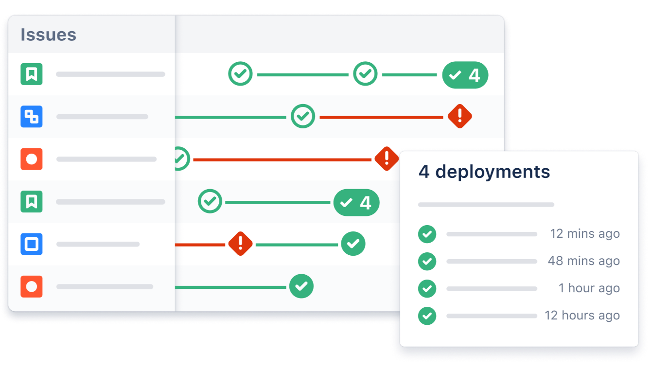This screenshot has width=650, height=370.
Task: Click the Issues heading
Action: pos(48,35)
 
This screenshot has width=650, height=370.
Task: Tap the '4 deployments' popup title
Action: pos(484,172)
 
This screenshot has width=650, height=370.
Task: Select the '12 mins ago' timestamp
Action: pos(584,234)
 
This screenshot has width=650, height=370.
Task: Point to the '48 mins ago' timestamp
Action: pos(583,261)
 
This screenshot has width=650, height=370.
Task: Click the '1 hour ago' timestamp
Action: pos(589,288)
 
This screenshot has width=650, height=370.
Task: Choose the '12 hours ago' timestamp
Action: pos(582,316)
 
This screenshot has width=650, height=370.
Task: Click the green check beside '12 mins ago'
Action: pos(427,234)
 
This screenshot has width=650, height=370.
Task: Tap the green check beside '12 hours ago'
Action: pos(427,316)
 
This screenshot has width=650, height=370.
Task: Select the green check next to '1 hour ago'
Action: pos(427,289)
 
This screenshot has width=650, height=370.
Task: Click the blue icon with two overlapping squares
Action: pos(32,117)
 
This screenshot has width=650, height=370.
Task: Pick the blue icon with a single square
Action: pos(32,244)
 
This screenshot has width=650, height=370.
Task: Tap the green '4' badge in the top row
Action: pos(465,75)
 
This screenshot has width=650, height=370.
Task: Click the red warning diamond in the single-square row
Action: pos(241,244)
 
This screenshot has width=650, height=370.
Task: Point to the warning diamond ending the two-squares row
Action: pos(459,117)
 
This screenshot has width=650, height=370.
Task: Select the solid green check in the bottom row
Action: pos(301,286)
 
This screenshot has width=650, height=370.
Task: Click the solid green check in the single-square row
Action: pos(353,244)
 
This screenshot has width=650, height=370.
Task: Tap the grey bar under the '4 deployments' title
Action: pos(486,205)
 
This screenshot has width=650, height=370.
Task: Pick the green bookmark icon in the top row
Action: pos(32,74)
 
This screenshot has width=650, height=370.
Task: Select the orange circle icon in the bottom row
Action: pos(32,286)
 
